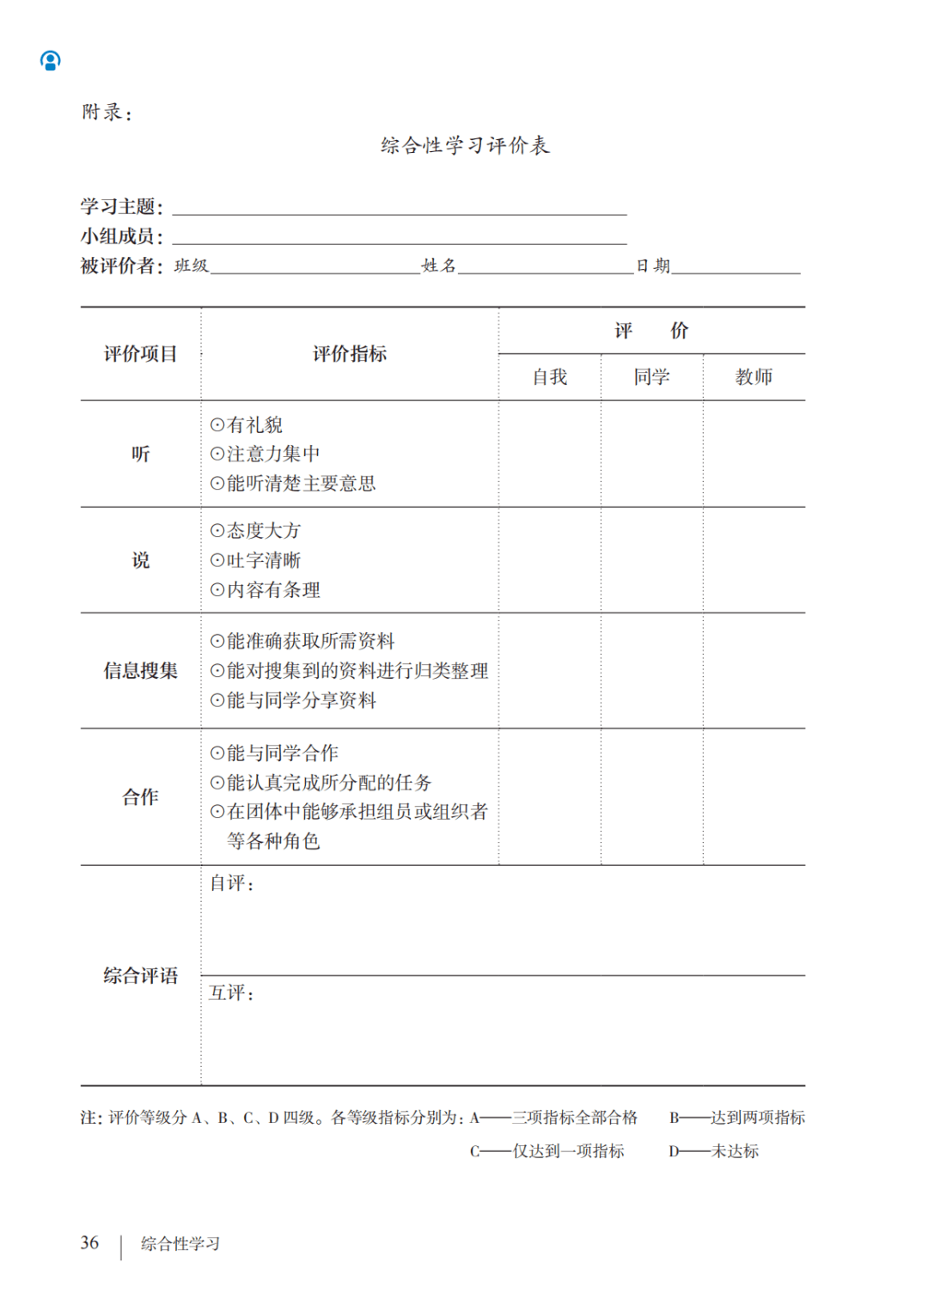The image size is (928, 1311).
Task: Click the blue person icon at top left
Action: pos(51,60)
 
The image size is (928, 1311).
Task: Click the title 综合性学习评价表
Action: pos(465,145)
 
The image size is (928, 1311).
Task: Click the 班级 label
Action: pos(191,266)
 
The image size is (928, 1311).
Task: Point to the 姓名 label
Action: pos(438,266)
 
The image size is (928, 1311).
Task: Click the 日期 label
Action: pos(652,266)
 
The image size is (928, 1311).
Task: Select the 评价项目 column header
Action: pos(140,354)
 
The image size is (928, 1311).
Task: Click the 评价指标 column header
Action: pos(349,354)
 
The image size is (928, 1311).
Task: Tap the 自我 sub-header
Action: pos(549,377)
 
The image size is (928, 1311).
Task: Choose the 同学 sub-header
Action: pos(651,377)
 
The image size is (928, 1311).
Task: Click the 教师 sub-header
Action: pos(754,377)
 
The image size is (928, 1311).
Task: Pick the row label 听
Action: pos(140,454)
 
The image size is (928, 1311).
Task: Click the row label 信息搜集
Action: pos(140,671)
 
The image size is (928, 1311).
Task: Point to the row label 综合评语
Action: pos(140,976)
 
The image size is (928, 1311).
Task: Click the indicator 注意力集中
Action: pos(272,454)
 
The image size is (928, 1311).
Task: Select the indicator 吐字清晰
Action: pos(263,561)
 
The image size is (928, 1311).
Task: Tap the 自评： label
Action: pos(232,883)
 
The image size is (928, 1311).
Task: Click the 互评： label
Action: pos(232,993)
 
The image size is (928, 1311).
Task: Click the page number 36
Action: pos(89,1243)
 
